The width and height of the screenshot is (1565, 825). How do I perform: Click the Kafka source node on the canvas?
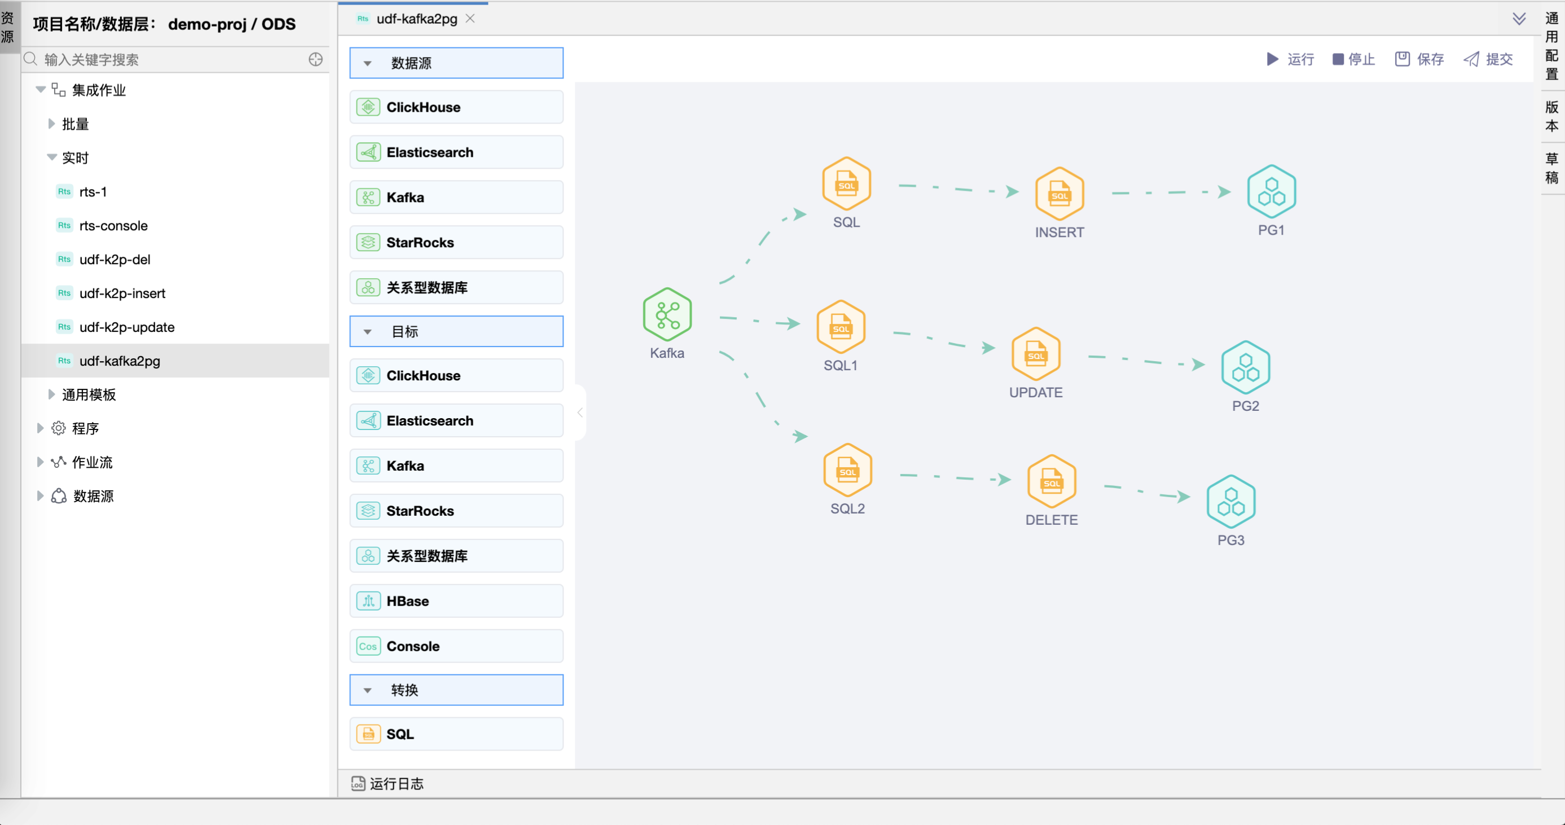pos(667,315)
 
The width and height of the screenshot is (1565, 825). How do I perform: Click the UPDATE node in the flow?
pos(1035,354)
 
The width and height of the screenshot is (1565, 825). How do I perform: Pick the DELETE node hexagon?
pos(1051,482)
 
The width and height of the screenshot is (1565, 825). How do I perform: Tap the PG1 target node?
pos(1271,192)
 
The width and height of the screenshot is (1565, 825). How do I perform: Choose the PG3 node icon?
pos(1230,502)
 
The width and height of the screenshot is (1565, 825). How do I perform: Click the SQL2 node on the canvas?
pos(847,470)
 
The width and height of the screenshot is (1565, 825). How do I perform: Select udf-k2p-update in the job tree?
pos(126,327)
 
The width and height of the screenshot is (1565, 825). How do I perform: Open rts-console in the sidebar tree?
pos(113,225)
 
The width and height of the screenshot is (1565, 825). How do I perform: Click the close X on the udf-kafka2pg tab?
pos(469,19)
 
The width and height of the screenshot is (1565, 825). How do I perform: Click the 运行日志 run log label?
pos(395,784)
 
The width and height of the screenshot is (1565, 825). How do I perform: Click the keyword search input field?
pos(170,60)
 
